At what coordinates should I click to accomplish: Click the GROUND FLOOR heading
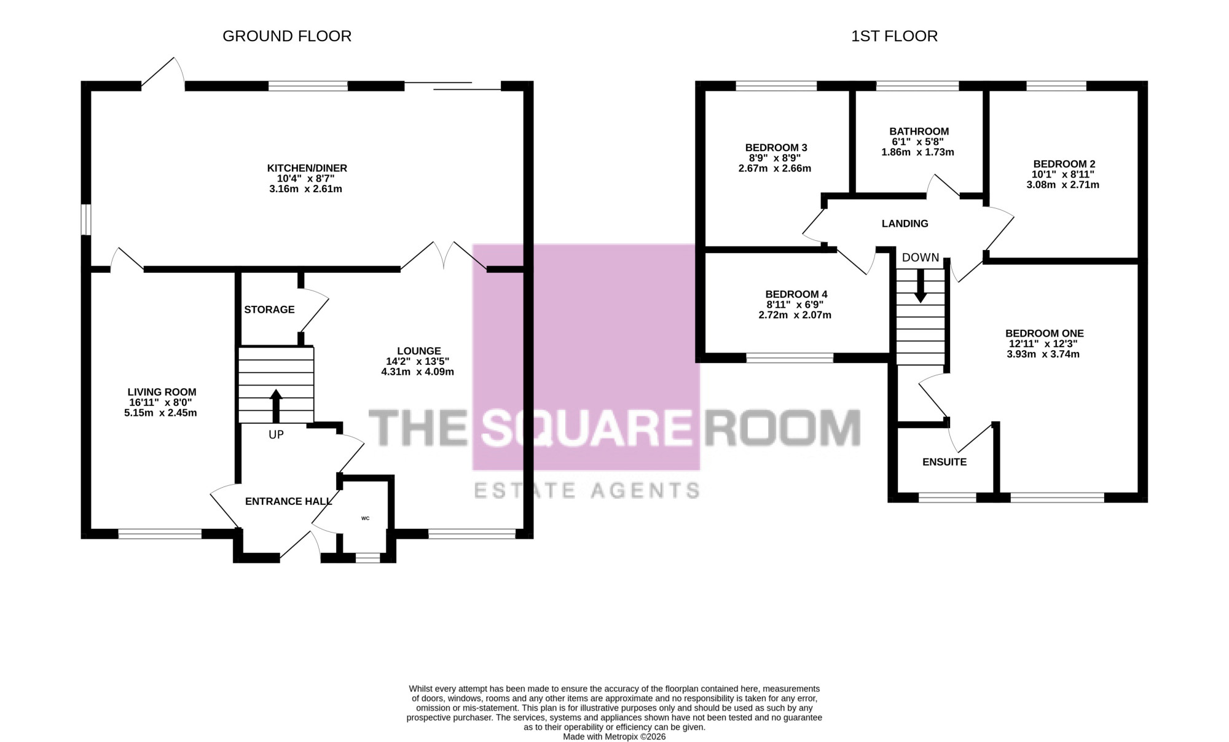(x=287, y=36)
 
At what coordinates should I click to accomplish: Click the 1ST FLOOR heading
(x=894, y=36)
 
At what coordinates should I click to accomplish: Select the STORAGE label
(x=269, y=310)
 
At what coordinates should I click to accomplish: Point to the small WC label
(x=365, y=518)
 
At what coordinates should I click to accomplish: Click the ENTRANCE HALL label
(x=288, y=502)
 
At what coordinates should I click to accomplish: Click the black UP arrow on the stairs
(x=276, y=406)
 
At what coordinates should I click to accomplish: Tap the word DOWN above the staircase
(x=921, y=258)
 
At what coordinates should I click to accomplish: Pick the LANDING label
(x=905, y=224)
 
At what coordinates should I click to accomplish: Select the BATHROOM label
(x=919, y=131)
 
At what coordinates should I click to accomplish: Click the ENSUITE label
(x=944, y=462)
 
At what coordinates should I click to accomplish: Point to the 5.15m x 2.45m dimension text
(x=160, y=413)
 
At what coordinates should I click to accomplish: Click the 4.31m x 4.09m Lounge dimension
(x=417, y=372)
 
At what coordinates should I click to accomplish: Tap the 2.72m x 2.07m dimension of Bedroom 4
(x=795, y=315)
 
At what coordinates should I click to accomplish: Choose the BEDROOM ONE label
(x=1044, y=334)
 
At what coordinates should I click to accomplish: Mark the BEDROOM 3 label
(x=775, y=147)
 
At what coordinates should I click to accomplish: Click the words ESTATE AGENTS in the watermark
(x=587, y=490)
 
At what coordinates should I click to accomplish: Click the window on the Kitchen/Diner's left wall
(x=87, y=219)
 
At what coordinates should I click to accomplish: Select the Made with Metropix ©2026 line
(x=614, y=736)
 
